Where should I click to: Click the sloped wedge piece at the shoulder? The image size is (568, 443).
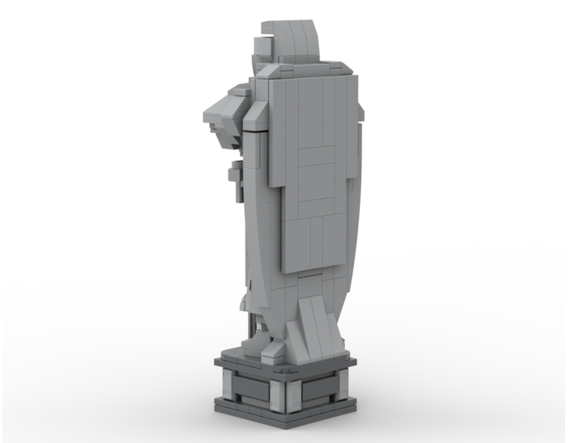pyautogui.click(x=257, y=114)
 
